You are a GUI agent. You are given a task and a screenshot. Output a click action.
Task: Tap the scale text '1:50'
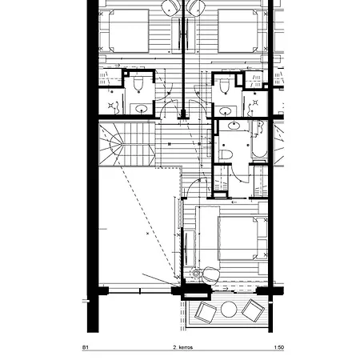pyautogui.click(x=278, y=349)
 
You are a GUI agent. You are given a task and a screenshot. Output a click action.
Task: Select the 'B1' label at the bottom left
pyautogui.click(x=86, y=349)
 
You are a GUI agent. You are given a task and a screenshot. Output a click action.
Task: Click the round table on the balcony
pyautogui.click(x=229, y=310)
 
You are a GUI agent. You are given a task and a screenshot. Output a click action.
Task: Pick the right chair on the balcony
pyautogui.click(x=255, y=310)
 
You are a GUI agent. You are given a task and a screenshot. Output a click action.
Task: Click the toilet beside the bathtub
pyautogui.click(x=226, y=153)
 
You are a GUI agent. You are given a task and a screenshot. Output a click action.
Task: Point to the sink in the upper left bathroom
pyautogui.click(x=142, y=109)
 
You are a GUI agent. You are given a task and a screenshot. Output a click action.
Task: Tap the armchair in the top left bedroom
pyautogui.click(x=170, y=6)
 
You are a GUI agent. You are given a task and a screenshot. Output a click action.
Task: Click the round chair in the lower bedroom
pyautogui.click(x=210, y=272)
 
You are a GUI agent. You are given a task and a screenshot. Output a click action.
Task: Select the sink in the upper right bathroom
pyautogui.click(x=227, y=110)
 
